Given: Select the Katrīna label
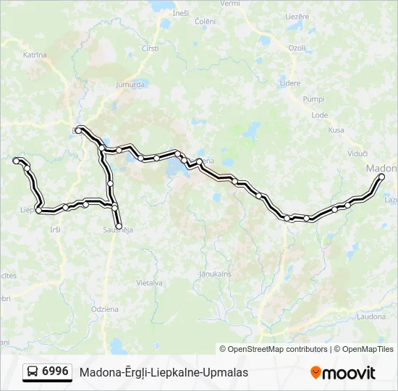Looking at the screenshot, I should tap(35, 55).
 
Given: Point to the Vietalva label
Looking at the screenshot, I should tap(149, 283).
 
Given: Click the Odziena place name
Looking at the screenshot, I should tap(104, 309).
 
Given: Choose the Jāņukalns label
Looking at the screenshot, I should tap(214, 274).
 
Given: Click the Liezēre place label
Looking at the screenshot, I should tap(297, 16).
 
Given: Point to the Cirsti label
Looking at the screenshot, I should tap(150, 49).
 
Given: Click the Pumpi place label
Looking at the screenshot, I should tap(313, 98).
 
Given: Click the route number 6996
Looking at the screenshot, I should tap(56, 371).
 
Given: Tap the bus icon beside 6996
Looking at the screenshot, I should tap(33, 372).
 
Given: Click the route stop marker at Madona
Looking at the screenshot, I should tap(381, 177).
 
